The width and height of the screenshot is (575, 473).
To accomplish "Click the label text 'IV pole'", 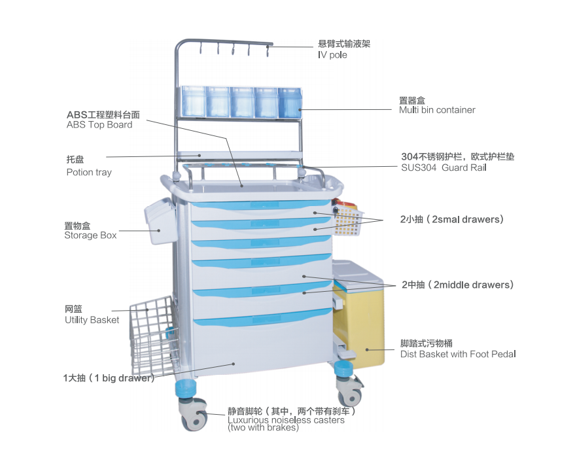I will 332,55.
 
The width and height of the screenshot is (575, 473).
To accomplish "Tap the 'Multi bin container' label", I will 437,110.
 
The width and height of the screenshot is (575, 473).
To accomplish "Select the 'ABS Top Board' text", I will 99,124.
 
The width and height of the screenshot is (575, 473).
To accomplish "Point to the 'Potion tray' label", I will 89,173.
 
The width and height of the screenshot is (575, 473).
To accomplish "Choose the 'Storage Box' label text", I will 90,236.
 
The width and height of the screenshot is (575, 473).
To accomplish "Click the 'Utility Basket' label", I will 92,320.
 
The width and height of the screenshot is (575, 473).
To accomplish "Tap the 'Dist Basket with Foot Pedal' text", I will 458,354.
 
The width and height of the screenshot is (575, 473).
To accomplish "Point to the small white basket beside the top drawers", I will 348,219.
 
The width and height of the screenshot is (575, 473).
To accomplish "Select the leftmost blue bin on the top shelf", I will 193,101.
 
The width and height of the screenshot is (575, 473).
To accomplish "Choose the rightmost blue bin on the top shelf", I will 289,102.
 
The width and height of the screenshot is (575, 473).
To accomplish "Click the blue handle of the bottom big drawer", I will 262,319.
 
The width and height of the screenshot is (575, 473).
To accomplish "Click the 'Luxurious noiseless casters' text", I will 286,420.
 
